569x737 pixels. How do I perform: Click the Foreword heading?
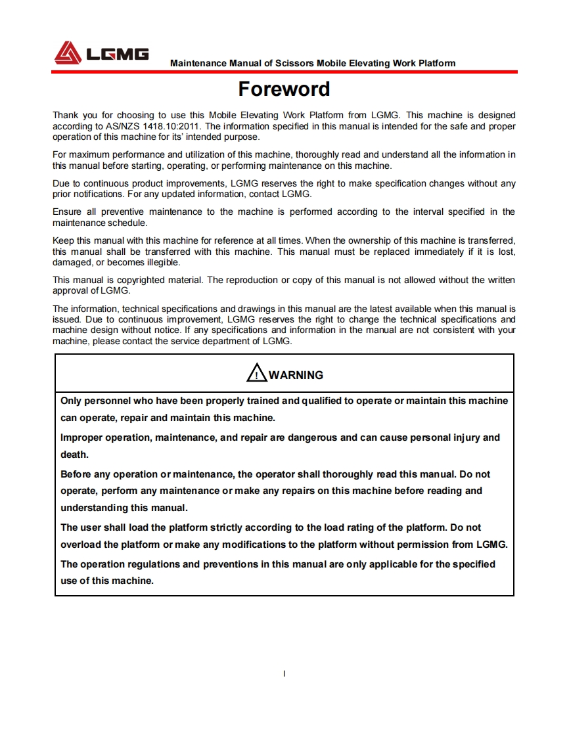coord(284,89)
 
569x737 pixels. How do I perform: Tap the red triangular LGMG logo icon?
coord(68,53)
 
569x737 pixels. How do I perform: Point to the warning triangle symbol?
coord(256,374)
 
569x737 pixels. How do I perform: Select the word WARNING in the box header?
coord(296,375)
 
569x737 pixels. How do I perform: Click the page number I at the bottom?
coord(284,673)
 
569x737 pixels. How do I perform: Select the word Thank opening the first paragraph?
coord(66,115)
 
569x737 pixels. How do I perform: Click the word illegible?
coord(162,263)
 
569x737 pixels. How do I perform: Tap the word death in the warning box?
coord(74,455)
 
